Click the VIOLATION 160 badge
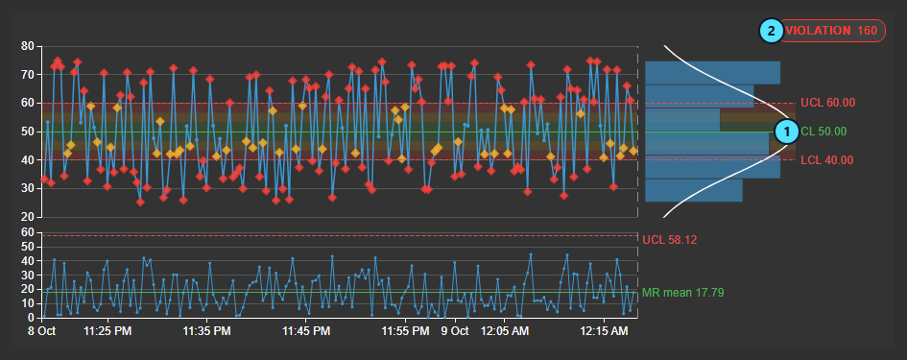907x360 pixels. [832, 31]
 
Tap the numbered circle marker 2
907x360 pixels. [771, 31]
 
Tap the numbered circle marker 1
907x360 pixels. [786, 132]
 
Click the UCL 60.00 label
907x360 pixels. [827, 103]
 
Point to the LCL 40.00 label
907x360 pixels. [827, 159]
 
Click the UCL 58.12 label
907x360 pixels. [670, 239]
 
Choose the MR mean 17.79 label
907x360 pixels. [683, 293]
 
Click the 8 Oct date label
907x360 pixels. [41, 331]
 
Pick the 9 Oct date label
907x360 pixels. [455, 331]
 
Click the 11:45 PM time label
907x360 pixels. [306, 331]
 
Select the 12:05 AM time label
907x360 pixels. [505, 331]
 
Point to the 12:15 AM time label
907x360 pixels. [604, 331]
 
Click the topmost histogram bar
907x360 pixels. [712, 73]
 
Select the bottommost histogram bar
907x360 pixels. [694, 190]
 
